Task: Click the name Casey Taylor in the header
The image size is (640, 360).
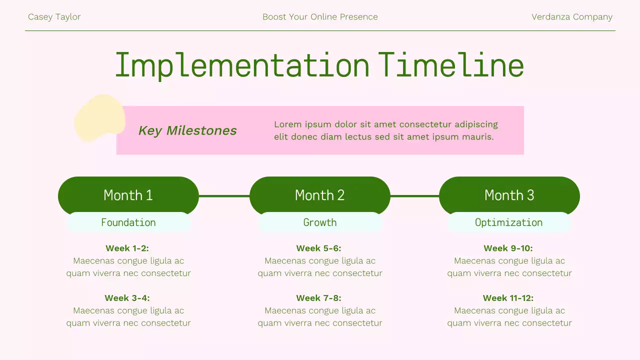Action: (54, 17)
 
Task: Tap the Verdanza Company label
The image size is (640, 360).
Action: (571, 17)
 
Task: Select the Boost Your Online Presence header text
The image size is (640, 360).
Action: (320, 17)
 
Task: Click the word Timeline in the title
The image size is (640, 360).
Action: (450, 65)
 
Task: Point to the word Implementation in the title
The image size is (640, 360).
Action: (242, 65)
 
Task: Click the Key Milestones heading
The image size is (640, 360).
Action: (187, 130)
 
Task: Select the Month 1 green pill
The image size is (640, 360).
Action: (128, 194)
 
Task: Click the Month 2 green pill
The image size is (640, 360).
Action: (319, 194)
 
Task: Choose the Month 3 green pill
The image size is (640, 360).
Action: (509, 194)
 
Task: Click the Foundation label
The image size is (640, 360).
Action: (128, 222)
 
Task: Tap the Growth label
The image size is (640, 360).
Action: (320, 222)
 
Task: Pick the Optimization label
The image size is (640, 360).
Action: (508, 222)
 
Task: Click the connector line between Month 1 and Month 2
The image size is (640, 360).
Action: (224, 196)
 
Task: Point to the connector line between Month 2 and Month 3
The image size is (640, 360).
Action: (414, 196)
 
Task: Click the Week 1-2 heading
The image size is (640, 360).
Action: (127, 248)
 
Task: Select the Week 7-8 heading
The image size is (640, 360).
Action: (318, 298)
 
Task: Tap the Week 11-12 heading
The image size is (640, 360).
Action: (508, 298)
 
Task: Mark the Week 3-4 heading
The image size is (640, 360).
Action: (127, 298)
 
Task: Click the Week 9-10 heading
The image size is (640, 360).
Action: (508, 248)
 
